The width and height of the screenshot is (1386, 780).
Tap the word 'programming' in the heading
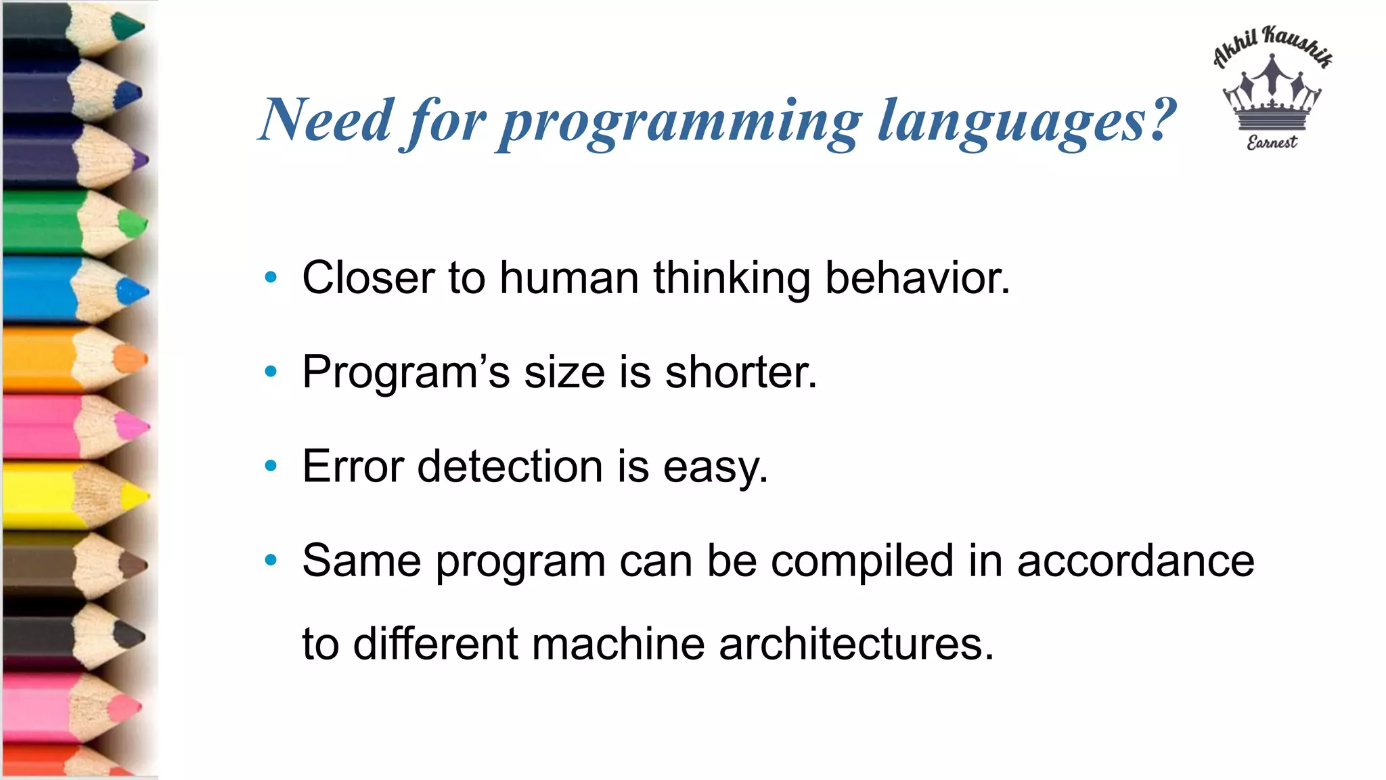681,122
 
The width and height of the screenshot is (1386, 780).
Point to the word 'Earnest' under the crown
1272,142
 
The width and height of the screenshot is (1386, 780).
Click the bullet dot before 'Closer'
271,277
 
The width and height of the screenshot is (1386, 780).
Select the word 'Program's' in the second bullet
405,372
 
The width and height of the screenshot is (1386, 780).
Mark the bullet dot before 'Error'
271,466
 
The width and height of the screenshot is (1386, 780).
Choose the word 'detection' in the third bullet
510,467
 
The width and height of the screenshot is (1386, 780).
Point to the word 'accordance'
1135,561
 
